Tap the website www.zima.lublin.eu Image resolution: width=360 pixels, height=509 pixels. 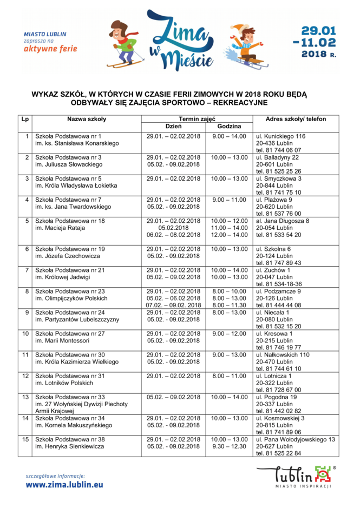tap(64, 485)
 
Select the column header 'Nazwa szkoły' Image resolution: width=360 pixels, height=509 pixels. tap(87, 119)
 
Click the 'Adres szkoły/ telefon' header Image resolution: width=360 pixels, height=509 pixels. tap(296, 119)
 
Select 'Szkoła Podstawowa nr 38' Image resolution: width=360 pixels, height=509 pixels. tap(70, 439)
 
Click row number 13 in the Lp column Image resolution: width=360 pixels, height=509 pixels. tap(25, 397)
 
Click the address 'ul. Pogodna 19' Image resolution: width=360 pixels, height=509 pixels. tap(276, 397)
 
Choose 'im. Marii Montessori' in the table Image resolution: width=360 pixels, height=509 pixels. tap(62, 341)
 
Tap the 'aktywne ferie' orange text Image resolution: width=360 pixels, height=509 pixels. tap(50, 49)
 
